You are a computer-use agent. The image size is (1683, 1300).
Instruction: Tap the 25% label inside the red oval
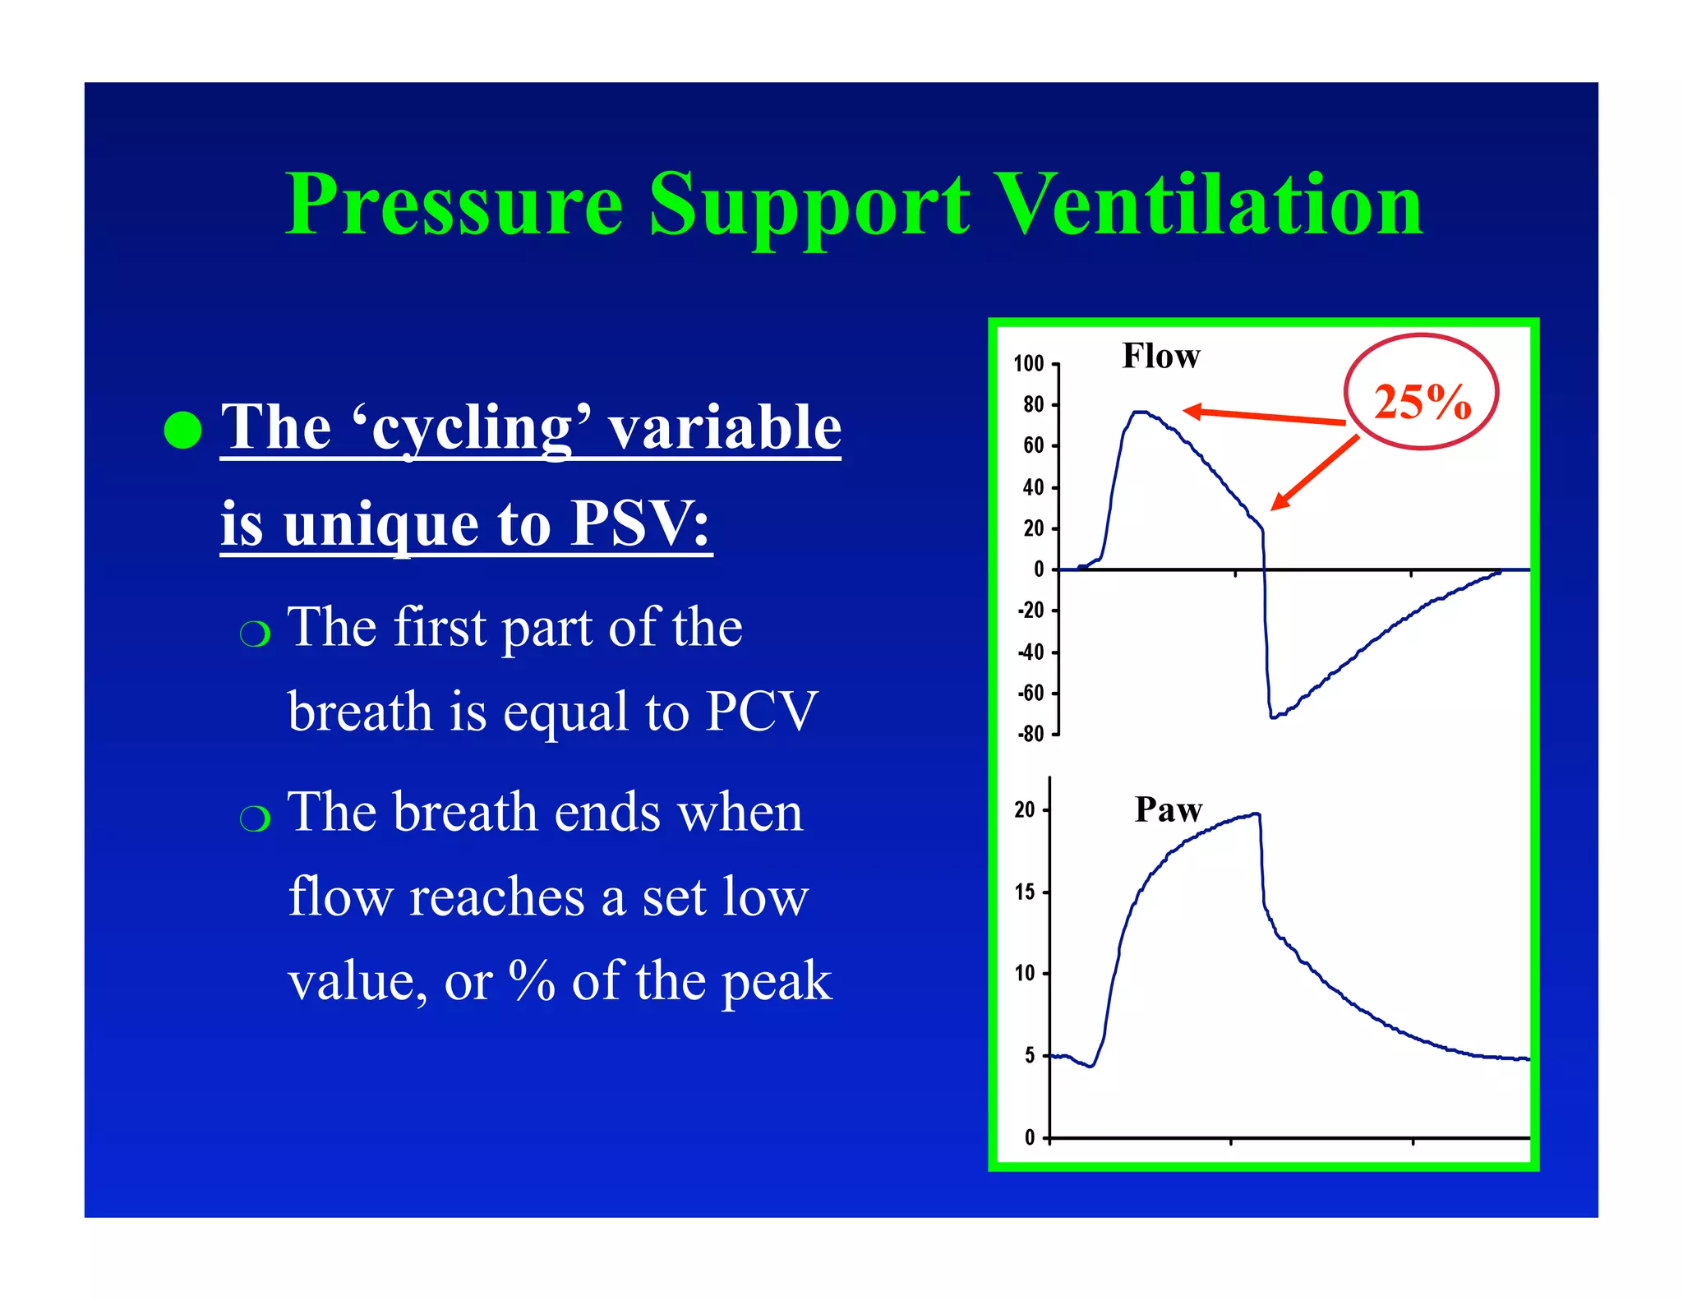tap(1422, 402)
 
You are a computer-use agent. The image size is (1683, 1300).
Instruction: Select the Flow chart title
tap(1160, 356)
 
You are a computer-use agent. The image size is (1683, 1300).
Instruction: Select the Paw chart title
tap(1168, 809)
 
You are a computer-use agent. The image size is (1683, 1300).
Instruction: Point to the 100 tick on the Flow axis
tap(1029, 363)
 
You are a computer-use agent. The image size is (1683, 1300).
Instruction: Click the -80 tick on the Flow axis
tap(1031, 734)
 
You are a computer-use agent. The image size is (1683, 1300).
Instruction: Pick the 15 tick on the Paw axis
tap(1025, 892)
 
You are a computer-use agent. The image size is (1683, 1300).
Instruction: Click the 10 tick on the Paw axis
tap(1025, 974)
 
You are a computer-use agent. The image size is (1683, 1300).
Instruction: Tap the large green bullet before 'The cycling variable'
tap(182, 430)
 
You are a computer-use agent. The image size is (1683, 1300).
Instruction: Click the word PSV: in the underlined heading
tap(641, 523)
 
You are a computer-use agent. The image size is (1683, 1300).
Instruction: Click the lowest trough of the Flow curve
tap(1273, 717)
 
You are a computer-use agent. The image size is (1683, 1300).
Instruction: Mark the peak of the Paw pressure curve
tap(1255, 814)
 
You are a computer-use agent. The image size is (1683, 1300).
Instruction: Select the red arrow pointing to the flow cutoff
tap(1314, 473)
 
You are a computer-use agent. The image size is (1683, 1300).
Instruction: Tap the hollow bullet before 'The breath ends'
tap(255, 818)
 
